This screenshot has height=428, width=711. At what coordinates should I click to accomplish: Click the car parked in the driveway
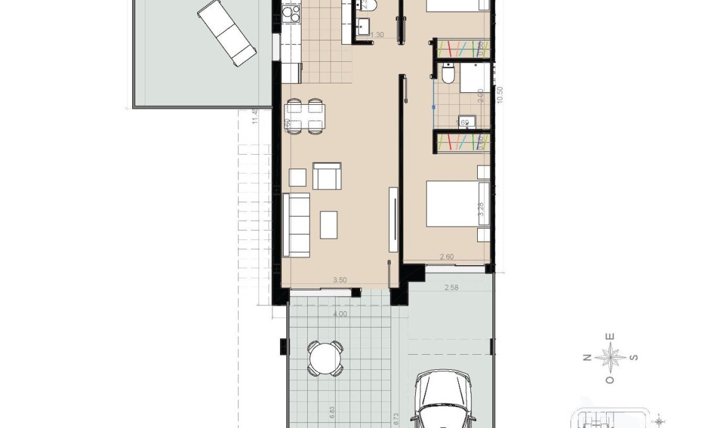pos(443,401)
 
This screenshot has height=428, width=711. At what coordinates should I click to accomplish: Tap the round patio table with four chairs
pos(325,357)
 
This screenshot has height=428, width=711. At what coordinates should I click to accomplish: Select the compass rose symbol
pos(611,358)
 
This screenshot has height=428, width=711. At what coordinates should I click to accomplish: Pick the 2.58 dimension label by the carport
pos(451,288)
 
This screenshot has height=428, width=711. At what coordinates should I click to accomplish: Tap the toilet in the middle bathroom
pos(447,74)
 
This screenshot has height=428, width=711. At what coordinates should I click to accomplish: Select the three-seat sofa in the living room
pos(296,225)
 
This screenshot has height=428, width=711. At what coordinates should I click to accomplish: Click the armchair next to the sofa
pos(327,176)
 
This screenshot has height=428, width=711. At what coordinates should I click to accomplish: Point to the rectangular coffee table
pos(329,225)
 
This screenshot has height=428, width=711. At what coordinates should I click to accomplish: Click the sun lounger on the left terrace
pos(227,32)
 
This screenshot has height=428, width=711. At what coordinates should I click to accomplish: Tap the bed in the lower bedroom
pos(453,203)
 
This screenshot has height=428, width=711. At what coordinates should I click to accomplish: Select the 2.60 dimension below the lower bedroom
pos(447,257)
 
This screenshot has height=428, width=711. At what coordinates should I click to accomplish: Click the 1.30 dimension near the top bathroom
pos(377,35)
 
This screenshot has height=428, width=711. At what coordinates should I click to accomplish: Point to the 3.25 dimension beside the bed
pos(482,210)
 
